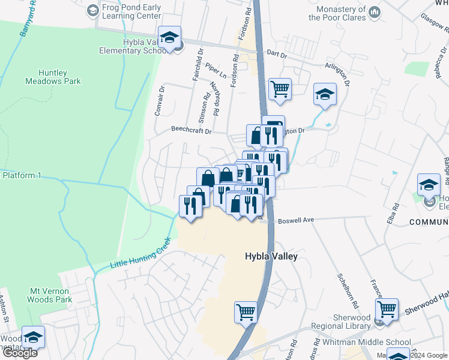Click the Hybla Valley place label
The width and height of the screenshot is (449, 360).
pos(271,256)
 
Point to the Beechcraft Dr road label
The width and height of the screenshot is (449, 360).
pos(191,130)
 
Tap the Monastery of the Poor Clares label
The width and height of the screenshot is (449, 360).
pos(337,13)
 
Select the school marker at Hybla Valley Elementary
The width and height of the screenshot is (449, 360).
pos(169,37)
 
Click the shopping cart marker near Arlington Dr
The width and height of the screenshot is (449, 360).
pos(280,89)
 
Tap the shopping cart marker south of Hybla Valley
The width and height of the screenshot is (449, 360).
pos(246,311)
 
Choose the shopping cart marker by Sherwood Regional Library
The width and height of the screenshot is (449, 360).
pos(387,309)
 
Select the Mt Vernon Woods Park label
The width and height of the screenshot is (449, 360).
pos(51,295)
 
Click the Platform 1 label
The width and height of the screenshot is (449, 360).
pos(22,175)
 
